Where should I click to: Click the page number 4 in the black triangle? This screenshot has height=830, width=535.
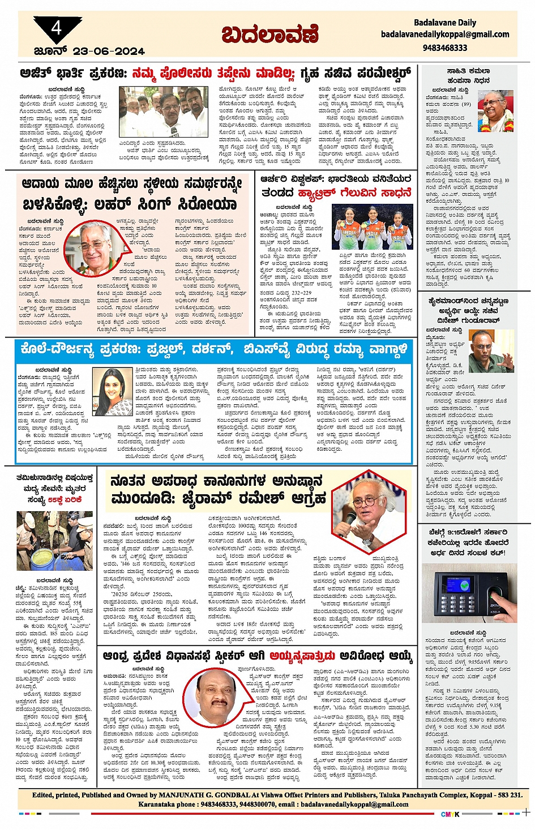(56, 28)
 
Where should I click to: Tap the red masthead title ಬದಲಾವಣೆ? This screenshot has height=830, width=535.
(270, 36)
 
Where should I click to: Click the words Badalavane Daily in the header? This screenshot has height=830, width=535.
(444, 23)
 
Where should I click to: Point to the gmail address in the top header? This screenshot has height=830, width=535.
(444, 35)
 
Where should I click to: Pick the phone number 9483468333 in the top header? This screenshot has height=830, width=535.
(444, 48)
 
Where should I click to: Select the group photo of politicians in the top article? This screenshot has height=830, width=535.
(156, 111)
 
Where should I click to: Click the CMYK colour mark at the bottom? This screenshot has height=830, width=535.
(450, 814)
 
